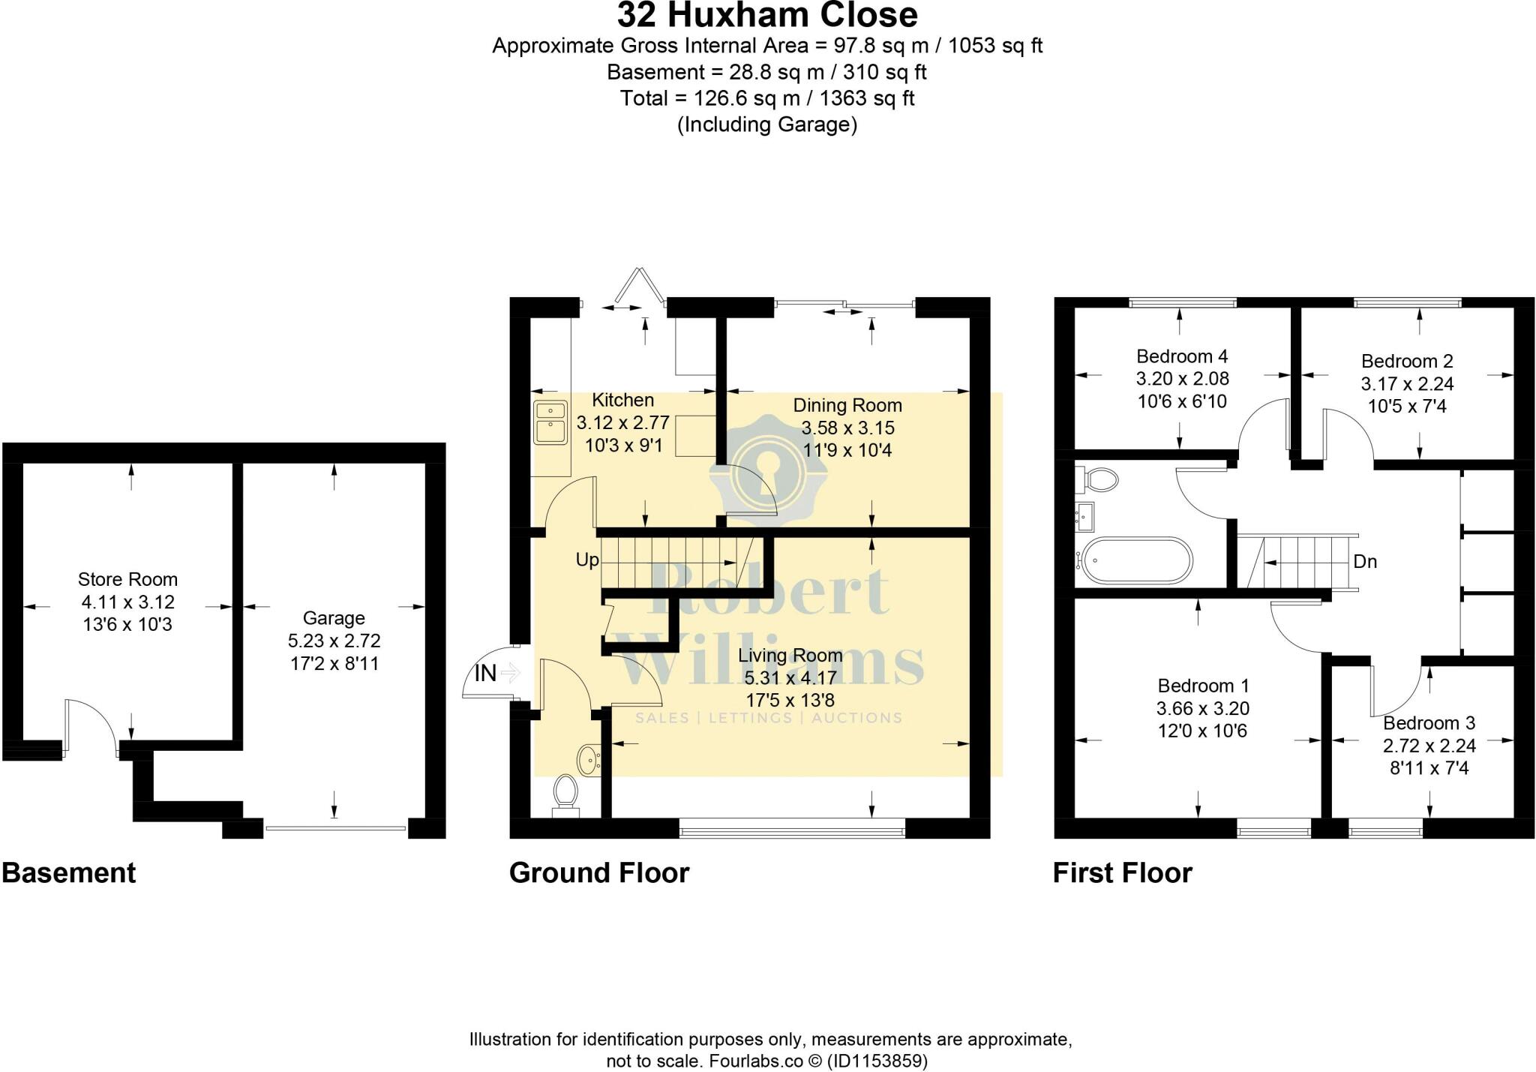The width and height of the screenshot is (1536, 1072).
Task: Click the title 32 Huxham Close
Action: pyautogui.click(x=767, y=14)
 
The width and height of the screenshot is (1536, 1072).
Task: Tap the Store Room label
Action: pyautogui.click(x=127, y=579)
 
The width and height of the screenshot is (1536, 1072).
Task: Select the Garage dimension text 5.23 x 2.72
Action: pyautogui.click(x=334, y=641)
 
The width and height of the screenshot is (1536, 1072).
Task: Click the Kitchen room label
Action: pyautogui.click(x=622, y=400)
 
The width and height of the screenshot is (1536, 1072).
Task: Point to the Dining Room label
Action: pyautogui.click(x=847, y=406)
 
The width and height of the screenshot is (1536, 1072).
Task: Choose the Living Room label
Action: pyautogui.click(x=790, y=655)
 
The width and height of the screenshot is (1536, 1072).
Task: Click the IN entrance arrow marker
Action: pyautogui.click(x=510, y=672)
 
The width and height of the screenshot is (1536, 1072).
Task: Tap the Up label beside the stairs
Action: pyautogui.click(x=587, y=560)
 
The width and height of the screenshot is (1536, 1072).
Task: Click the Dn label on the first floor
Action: pyautogui.click(x=1365, y=561)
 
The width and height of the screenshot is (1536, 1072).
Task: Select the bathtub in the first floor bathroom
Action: pyautogui.click(x=1134, y=560)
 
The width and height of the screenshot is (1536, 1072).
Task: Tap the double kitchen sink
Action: pyautogui.click(x=550, y=422)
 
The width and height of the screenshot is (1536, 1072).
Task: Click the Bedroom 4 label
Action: pyautogui.click(x=1182, y=356)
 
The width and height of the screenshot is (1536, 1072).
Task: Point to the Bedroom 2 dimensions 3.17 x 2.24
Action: pyautogui.click(x=1407, y=384)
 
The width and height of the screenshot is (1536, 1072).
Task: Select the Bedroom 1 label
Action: pyautogui.click(x=1203, y=686)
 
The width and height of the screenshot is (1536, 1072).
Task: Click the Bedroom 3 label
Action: pyautogui.click(x=1429, y=723)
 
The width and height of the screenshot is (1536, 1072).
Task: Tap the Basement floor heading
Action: pyautogui.click(x=69, y=873)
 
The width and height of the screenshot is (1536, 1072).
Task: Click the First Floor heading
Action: pyautogui.click(x=1123, y=873)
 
